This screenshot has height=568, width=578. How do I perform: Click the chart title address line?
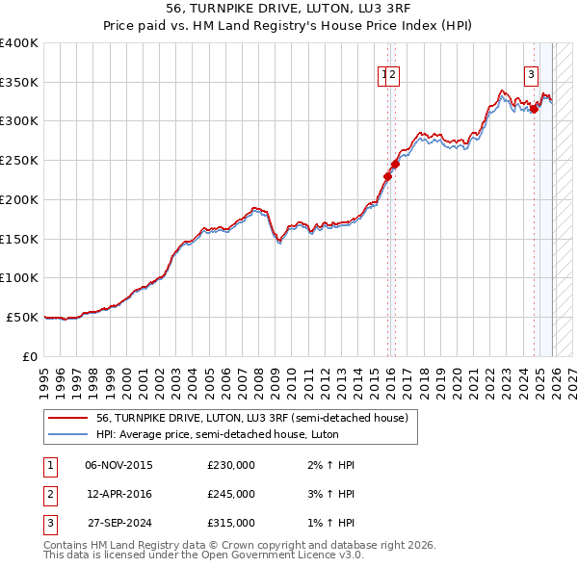[x=289, y=10]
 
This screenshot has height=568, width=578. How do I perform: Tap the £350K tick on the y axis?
[x=19, y=82]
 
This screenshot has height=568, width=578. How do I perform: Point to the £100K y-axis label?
[x=19, y=277]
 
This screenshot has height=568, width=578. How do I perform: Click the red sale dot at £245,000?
[x=395, y=165]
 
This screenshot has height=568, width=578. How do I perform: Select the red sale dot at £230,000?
[x=388, y=176]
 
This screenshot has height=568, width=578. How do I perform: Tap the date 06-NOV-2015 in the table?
[x=118, y=465]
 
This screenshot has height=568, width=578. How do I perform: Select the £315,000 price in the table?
[x=231, y=523]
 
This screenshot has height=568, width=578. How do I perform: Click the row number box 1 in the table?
[x=49, y=465]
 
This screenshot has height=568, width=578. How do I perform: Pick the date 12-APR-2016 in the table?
[x=118, y=494]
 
